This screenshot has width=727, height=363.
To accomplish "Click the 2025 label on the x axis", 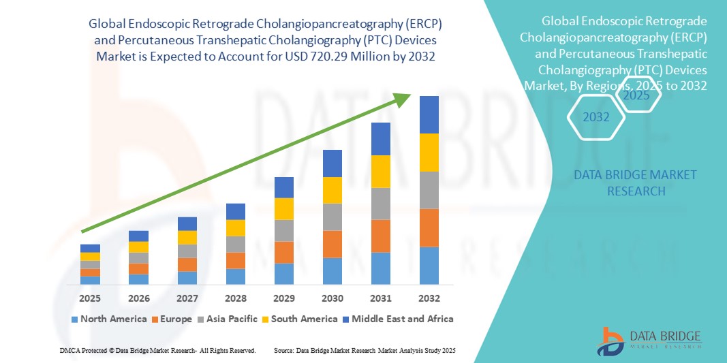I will [x=90, y=298].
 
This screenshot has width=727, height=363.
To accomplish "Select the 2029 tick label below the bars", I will [x=283, y=298].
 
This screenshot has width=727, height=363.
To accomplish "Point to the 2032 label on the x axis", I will [x=429, y=298].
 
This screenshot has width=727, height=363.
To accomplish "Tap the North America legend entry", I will [x=108, y=319].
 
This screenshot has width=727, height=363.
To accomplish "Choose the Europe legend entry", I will [x=171, y=319].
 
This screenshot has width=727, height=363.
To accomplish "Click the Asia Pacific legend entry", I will [x=228, y=319].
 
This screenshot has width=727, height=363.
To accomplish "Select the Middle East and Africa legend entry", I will [x=398, y=319].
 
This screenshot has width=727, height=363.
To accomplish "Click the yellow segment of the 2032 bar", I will [x=429, y=153].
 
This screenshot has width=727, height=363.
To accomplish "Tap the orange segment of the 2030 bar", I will [x=332, y=244].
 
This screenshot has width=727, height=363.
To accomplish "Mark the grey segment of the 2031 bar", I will [x=380, y=204].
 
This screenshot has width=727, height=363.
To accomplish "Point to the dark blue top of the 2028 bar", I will [x=235, y=211].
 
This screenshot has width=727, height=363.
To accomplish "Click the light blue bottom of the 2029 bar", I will [x=283, y=273].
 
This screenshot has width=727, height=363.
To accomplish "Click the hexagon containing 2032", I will [x=595, y=117].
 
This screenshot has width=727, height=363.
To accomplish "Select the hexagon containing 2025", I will [x=636, y=95].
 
